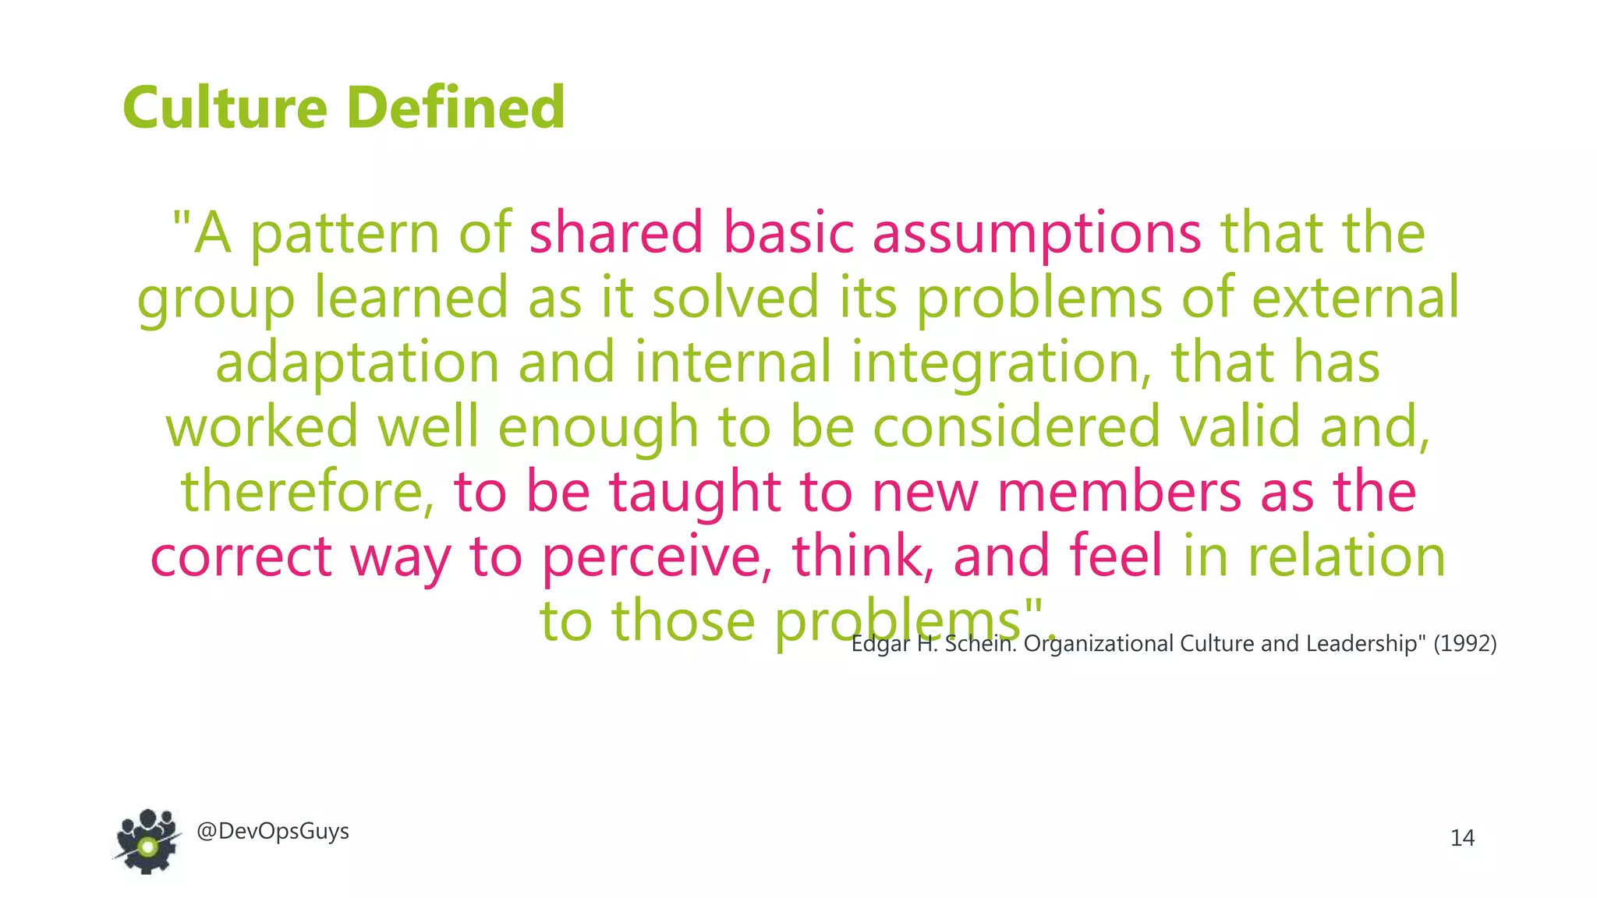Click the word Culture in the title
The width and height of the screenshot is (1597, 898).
tap(225, 108)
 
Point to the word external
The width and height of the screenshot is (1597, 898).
tap(1355, 297)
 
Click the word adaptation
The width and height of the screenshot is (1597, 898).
tap(357, 363)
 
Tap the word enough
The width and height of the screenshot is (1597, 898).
tap(597, 428)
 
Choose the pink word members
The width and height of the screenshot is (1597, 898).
tap(1119, 491)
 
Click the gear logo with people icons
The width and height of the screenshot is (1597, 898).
tap(147, 841)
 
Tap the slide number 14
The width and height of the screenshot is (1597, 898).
tap(1462, 838)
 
